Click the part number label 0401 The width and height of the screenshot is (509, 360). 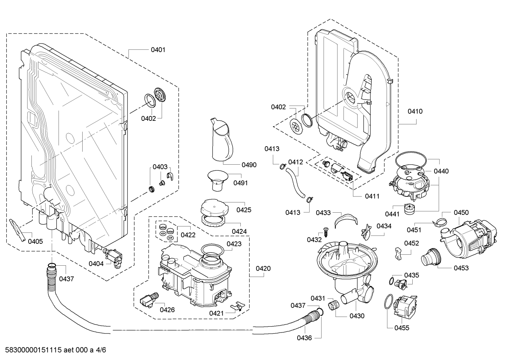[x=158, y=50]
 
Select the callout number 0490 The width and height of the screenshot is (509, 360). [x=249, y=165]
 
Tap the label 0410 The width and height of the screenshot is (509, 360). [x=415, y=112]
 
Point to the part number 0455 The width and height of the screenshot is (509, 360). [x=402, y=328]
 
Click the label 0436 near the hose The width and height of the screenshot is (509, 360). [x=304, y=338]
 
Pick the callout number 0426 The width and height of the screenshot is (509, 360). [x=167, y=310]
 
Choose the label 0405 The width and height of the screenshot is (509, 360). [x=35, y=242]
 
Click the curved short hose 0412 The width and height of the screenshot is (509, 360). [x=296, y=183]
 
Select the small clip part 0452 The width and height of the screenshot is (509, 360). [x=398, y=253]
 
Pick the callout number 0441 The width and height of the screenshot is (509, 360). [x=392, y=214]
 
